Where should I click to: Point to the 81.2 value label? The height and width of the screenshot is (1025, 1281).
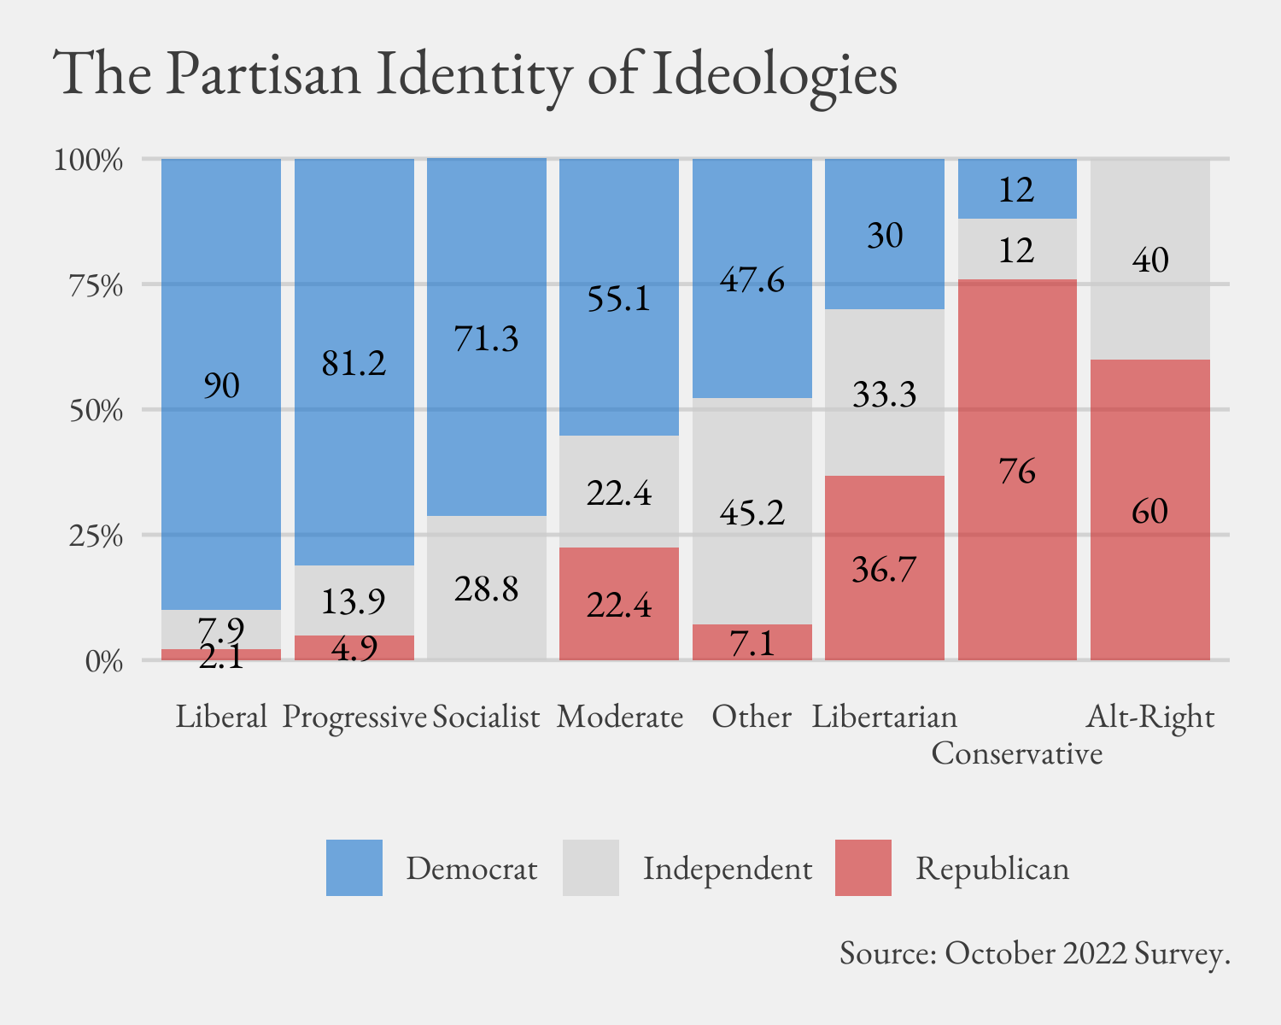pyautogui.click(x=354, y=364)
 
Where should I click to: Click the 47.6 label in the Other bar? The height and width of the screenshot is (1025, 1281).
pyautogui.click(x=752, y=280)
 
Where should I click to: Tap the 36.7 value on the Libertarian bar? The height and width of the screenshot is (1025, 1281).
pyautogui.click(x=884, y=570)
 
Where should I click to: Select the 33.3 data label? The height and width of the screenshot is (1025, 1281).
pyautogui.click(x=884, y=395)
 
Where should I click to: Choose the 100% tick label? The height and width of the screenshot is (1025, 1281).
pyautogui.click(x=89, y=161)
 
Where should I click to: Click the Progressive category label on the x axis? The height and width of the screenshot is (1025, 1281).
pyautogui.click(x=354, y=717)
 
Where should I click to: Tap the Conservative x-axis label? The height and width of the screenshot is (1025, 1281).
pyautogui.click(x=1016, y=753)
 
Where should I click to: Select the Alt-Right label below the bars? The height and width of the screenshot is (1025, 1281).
pyautogui.click(x=1149, y=717)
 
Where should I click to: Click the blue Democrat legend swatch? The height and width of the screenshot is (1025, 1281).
pyautogui.click(x=354, y=868)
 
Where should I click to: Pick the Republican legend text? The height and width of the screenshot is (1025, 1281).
pyautogui.click(x=991, y=869)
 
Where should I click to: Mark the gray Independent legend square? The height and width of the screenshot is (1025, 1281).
pyautogui.click(x=590, y=868)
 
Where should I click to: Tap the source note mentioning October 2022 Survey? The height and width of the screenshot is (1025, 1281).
pyautogui.click(x=1034, y=953)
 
